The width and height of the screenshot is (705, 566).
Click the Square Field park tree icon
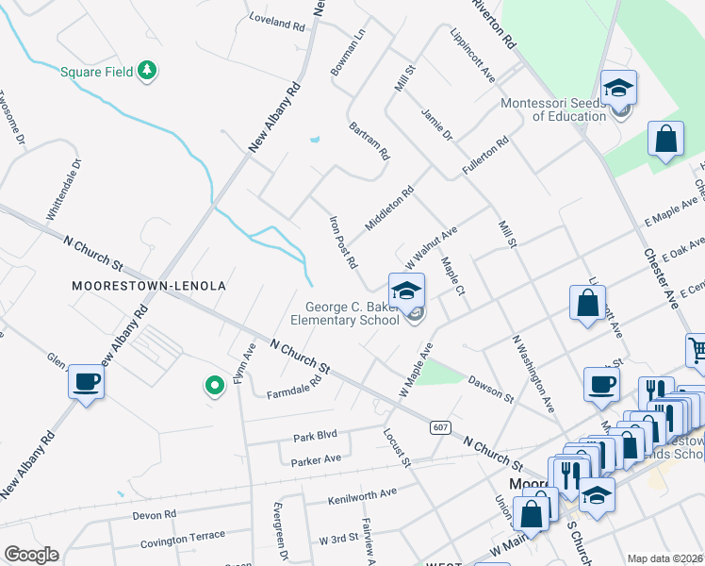(x=146, y=70)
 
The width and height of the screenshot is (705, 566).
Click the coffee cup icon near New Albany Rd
(x=86, y=382)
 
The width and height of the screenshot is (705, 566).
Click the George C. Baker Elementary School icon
(x=407, y=290)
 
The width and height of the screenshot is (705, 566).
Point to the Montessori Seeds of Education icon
(x=619, y=89)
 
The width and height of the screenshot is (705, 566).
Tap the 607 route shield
(x=440, y=427)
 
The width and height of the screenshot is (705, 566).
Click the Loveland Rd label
(x=277, y=21)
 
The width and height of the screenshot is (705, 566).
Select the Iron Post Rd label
(x=341, y=241)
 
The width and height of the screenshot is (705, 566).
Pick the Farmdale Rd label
(x=294, y=388)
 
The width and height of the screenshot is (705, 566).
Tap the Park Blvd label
(x=315, y=438)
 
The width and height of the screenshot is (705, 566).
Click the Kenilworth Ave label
(x=362, y=494)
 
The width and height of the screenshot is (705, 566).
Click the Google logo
(x=31, y=555)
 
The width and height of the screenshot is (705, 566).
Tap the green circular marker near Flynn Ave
(x=214, y=384)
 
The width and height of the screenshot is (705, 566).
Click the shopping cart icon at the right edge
(x=697, y=349)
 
